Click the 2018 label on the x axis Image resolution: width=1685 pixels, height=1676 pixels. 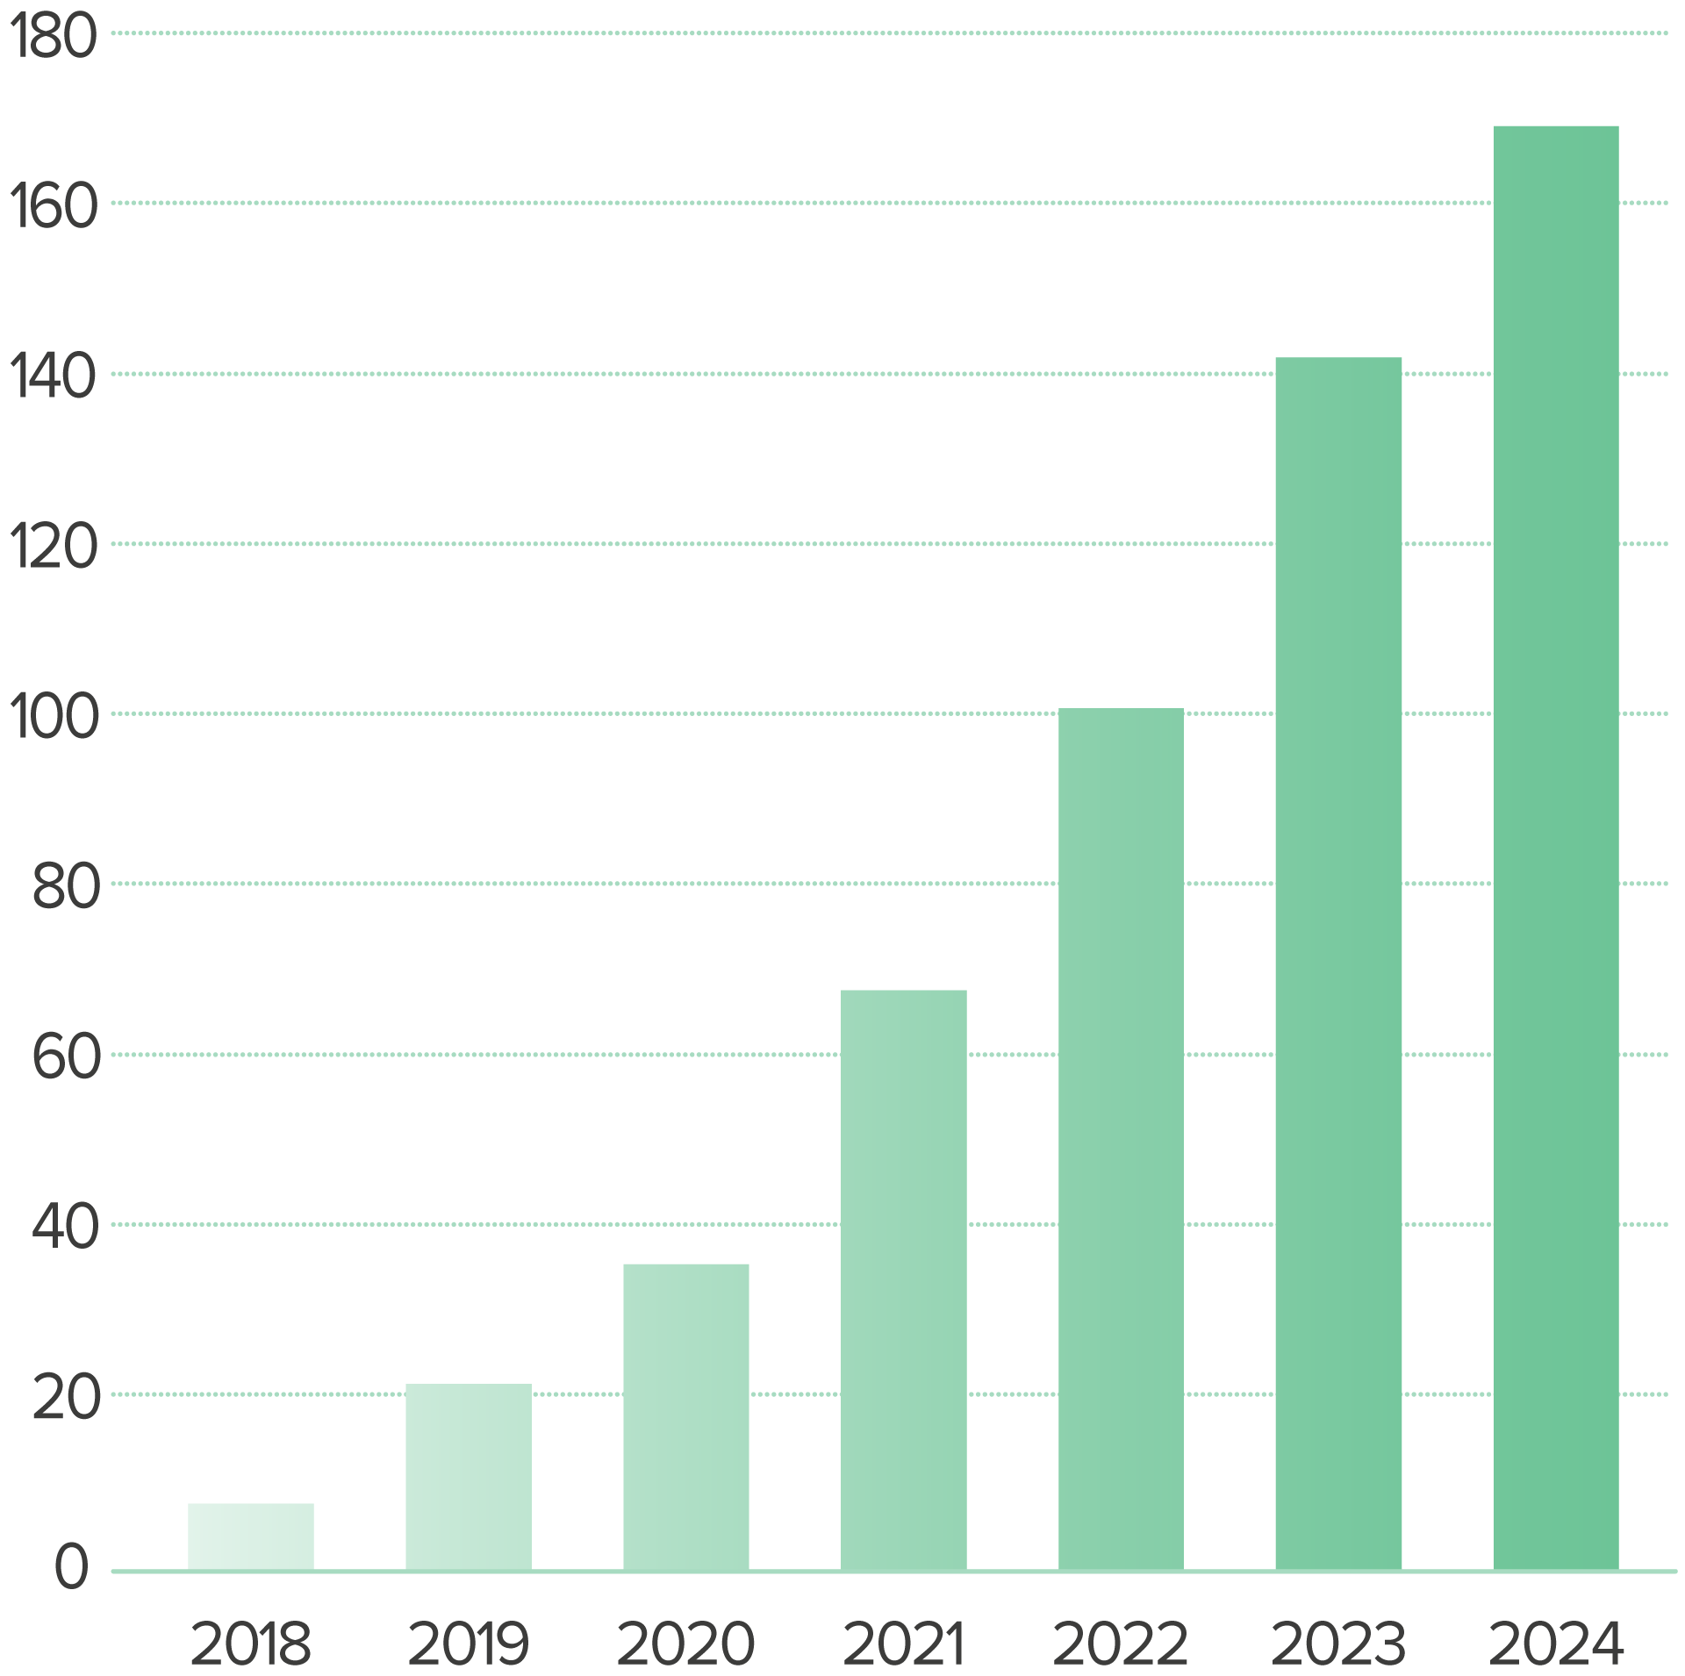(x=251, y=1645)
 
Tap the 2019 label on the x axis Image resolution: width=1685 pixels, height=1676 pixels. (x=469, y=1645)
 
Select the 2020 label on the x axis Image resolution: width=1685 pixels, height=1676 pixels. (x=686, y=1645)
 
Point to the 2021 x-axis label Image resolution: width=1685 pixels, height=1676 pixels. (x=904, y=1645)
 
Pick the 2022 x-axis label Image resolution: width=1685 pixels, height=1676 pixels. (x=1121, y=1645)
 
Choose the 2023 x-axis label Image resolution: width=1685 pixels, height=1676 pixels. (x=1338, y=1645)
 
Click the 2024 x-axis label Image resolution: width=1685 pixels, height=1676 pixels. (x=1556, y=1645)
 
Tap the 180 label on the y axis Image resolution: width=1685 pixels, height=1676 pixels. (x=53, y=36)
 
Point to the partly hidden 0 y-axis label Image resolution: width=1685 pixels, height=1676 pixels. (x=71, y=1580)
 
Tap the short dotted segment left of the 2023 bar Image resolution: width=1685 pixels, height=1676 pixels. (x=1229, y=713)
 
